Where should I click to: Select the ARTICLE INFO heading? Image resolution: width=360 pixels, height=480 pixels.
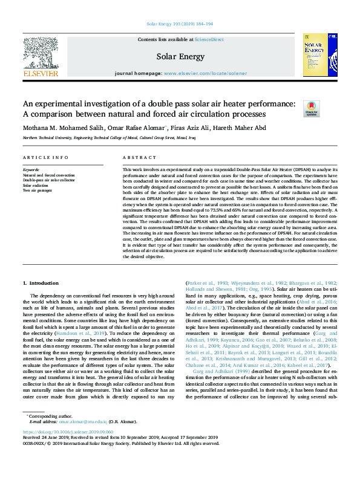(x=45, y=157)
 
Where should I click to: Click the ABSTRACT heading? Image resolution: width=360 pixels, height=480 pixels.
(x=135, y=157)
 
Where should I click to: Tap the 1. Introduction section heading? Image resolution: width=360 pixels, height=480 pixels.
(x=41, y=284)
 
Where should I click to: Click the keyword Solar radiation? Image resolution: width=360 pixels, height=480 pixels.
(x=36, y=185)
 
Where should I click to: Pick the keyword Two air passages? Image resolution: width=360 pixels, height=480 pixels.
(x=38, y=190)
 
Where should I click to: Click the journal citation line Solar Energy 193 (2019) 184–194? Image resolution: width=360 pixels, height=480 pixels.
(x=180, y=24)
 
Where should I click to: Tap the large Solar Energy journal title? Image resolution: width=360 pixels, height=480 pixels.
(x=180, y=57)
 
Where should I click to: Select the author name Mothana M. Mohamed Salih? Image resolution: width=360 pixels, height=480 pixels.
(x=56, y=128)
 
